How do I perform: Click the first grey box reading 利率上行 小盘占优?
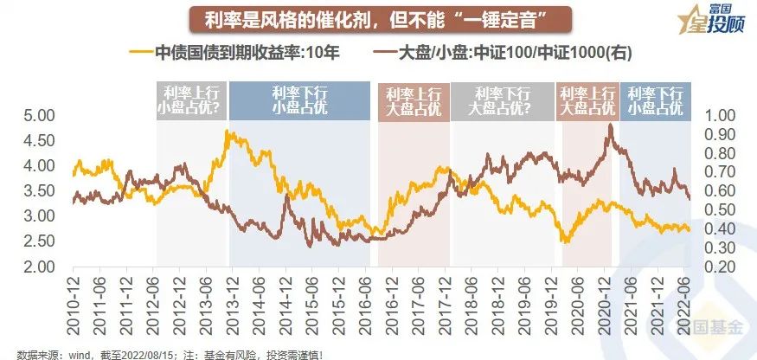pyautogui.click(x=191, y=100)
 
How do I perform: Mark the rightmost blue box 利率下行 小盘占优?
pyautogui.click(x=655, y=100)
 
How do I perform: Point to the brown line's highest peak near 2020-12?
pyautogui.click(x=611, y=125)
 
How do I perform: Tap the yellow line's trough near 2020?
pyautogui.click(x=566, y=241)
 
